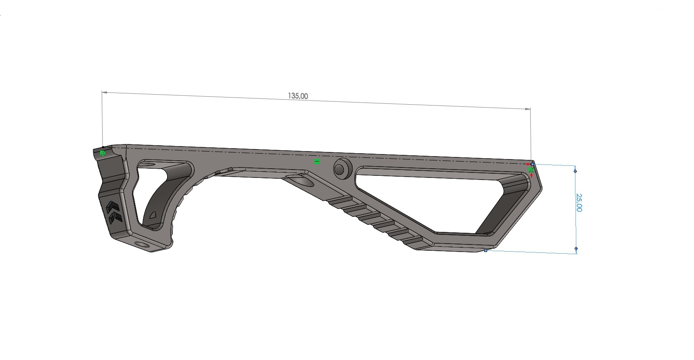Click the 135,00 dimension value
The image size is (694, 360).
coord(298,96)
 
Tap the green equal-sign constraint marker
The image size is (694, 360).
coord(317,162)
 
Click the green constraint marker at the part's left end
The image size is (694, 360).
coord(103,153)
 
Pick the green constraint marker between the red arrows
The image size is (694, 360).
coord(531,170)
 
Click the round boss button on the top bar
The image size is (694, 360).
coord(343,169)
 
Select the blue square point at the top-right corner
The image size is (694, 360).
coord(533,165)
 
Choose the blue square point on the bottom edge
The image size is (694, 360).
coord(485,250)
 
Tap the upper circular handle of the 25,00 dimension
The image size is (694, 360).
coord(575,171)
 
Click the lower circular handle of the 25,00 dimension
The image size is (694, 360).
coord(576,248)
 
